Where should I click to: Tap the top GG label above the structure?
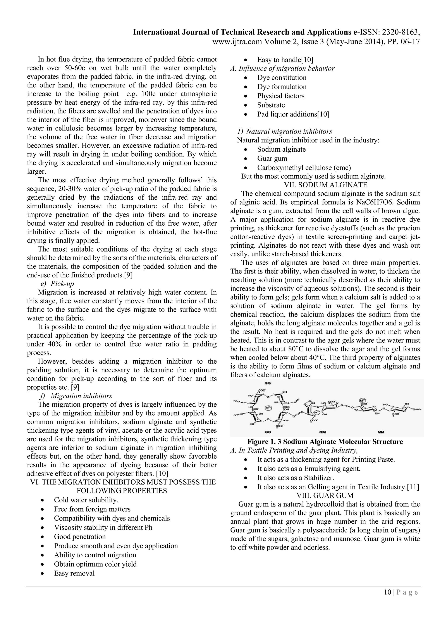[267, 383]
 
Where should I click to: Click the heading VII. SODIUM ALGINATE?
[325, 185]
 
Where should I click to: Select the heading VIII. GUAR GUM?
[325, 495]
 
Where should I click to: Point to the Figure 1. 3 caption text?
[325, 442]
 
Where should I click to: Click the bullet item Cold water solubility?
[86, 500]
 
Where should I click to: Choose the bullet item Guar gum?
[272, 159]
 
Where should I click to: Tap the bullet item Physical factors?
[281, 96]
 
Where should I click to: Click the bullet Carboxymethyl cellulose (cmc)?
[304, 168]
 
